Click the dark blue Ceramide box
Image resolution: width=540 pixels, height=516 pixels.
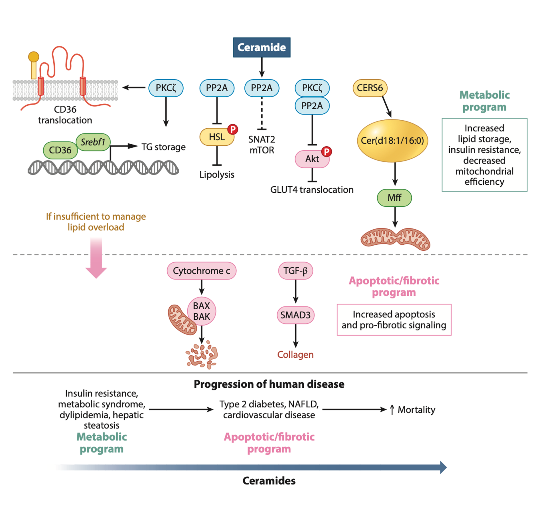pyautogui.click(x=262, y=47)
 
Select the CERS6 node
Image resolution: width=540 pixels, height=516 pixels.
pyautogui.click(x=370, y=88)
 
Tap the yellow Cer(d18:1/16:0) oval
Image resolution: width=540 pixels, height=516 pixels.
pyautogui.click(x=392, y=141)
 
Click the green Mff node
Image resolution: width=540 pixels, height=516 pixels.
pyautogui.click(x=394, y=198)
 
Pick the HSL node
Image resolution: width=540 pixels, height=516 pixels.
pyautogui.click(x=217, y=137)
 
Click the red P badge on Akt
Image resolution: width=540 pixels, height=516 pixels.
pyautogui.click(x=326, y=151)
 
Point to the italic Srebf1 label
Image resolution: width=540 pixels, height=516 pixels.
pyautogui.click(x=93, y=142)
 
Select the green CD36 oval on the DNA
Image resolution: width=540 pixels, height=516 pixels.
pyautogui.click(x=60, y=150)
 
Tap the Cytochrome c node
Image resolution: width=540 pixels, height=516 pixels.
pyautogui.click(x=201, y=271)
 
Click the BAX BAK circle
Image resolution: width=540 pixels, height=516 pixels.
pyautogui.click(x=201, y=311)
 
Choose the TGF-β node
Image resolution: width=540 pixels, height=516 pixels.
pyautogui.click(x=295, y=271)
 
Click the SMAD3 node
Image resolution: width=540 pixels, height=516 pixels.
pyautogui.click(x=295, y=315)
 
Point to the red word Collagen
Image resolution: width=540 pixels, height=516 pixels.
pyautogui.click(x=295, y=355)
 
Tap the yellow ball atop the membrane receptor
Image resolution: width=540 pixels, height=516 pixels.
pyautogui.click(x=34, y=57)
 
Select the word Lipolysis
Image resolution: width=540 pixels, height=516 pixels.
pyautogui.click(x=217, y=175)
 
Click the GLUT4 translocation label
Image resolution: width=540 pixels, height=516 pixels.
pyautogui.click(x=312, y=190)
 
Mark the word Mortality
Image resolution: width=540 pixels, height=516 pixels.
pyautogui.click(x=416, y=410)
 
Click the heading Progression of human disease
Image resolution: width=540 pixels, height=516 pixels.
pyautogui.click(x=269, y=384)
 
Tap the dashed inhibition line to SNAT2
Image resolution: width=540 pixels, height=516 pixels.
pyautogui.click(x=262, y=113)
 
